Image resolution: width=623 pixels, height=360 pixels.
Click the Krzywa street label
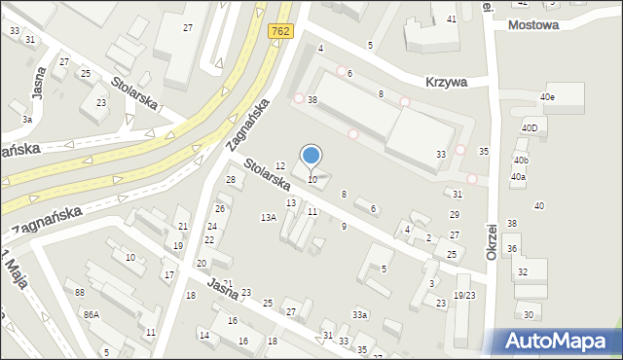coord(445,83)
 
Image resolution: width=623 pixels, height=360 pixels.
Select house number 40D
coord(530,127)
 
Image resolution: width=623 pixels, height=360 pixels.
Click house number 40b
coord(521,160)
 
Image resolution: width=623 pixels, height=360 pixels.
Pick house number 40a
coord(518,177)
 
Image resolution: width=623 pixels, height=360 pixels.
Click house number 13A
coord(268,218)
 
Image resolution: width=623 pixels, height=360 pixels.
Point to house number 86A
coord(92,314)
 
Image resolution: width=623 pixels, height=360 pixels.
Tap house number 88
coord(80,293)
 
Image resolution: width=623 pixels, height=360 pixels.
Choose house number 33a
coord(360,314)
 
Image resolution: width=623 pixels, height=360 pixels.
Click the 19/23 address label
coord(464,295)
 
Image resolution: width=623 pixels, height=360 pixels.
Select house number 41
coord(452,19)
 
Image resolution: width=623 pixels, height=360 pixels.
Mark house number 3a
coord(27,119)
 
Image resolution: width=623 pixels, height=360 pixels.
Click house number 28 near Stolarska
coord(231,180)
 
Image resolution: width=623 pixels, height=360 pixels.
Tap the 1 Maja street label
coord(12,265)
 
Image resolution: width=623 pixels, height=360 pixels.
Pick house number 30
coord(529,314)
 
